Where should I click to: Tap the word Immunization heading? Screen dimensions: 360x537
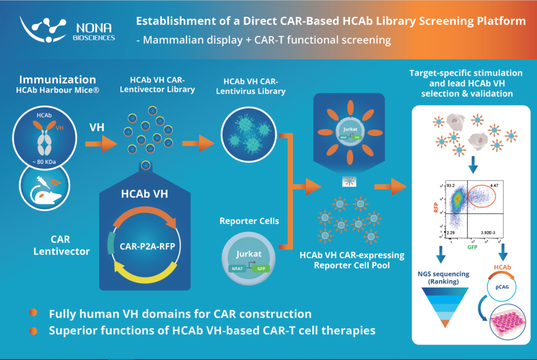(58, 80)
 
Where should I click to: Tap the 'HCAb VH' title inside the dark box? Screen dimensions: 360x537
(144, 193)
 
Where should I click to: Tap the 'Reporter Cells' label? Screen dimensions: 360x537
(249, 221)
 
